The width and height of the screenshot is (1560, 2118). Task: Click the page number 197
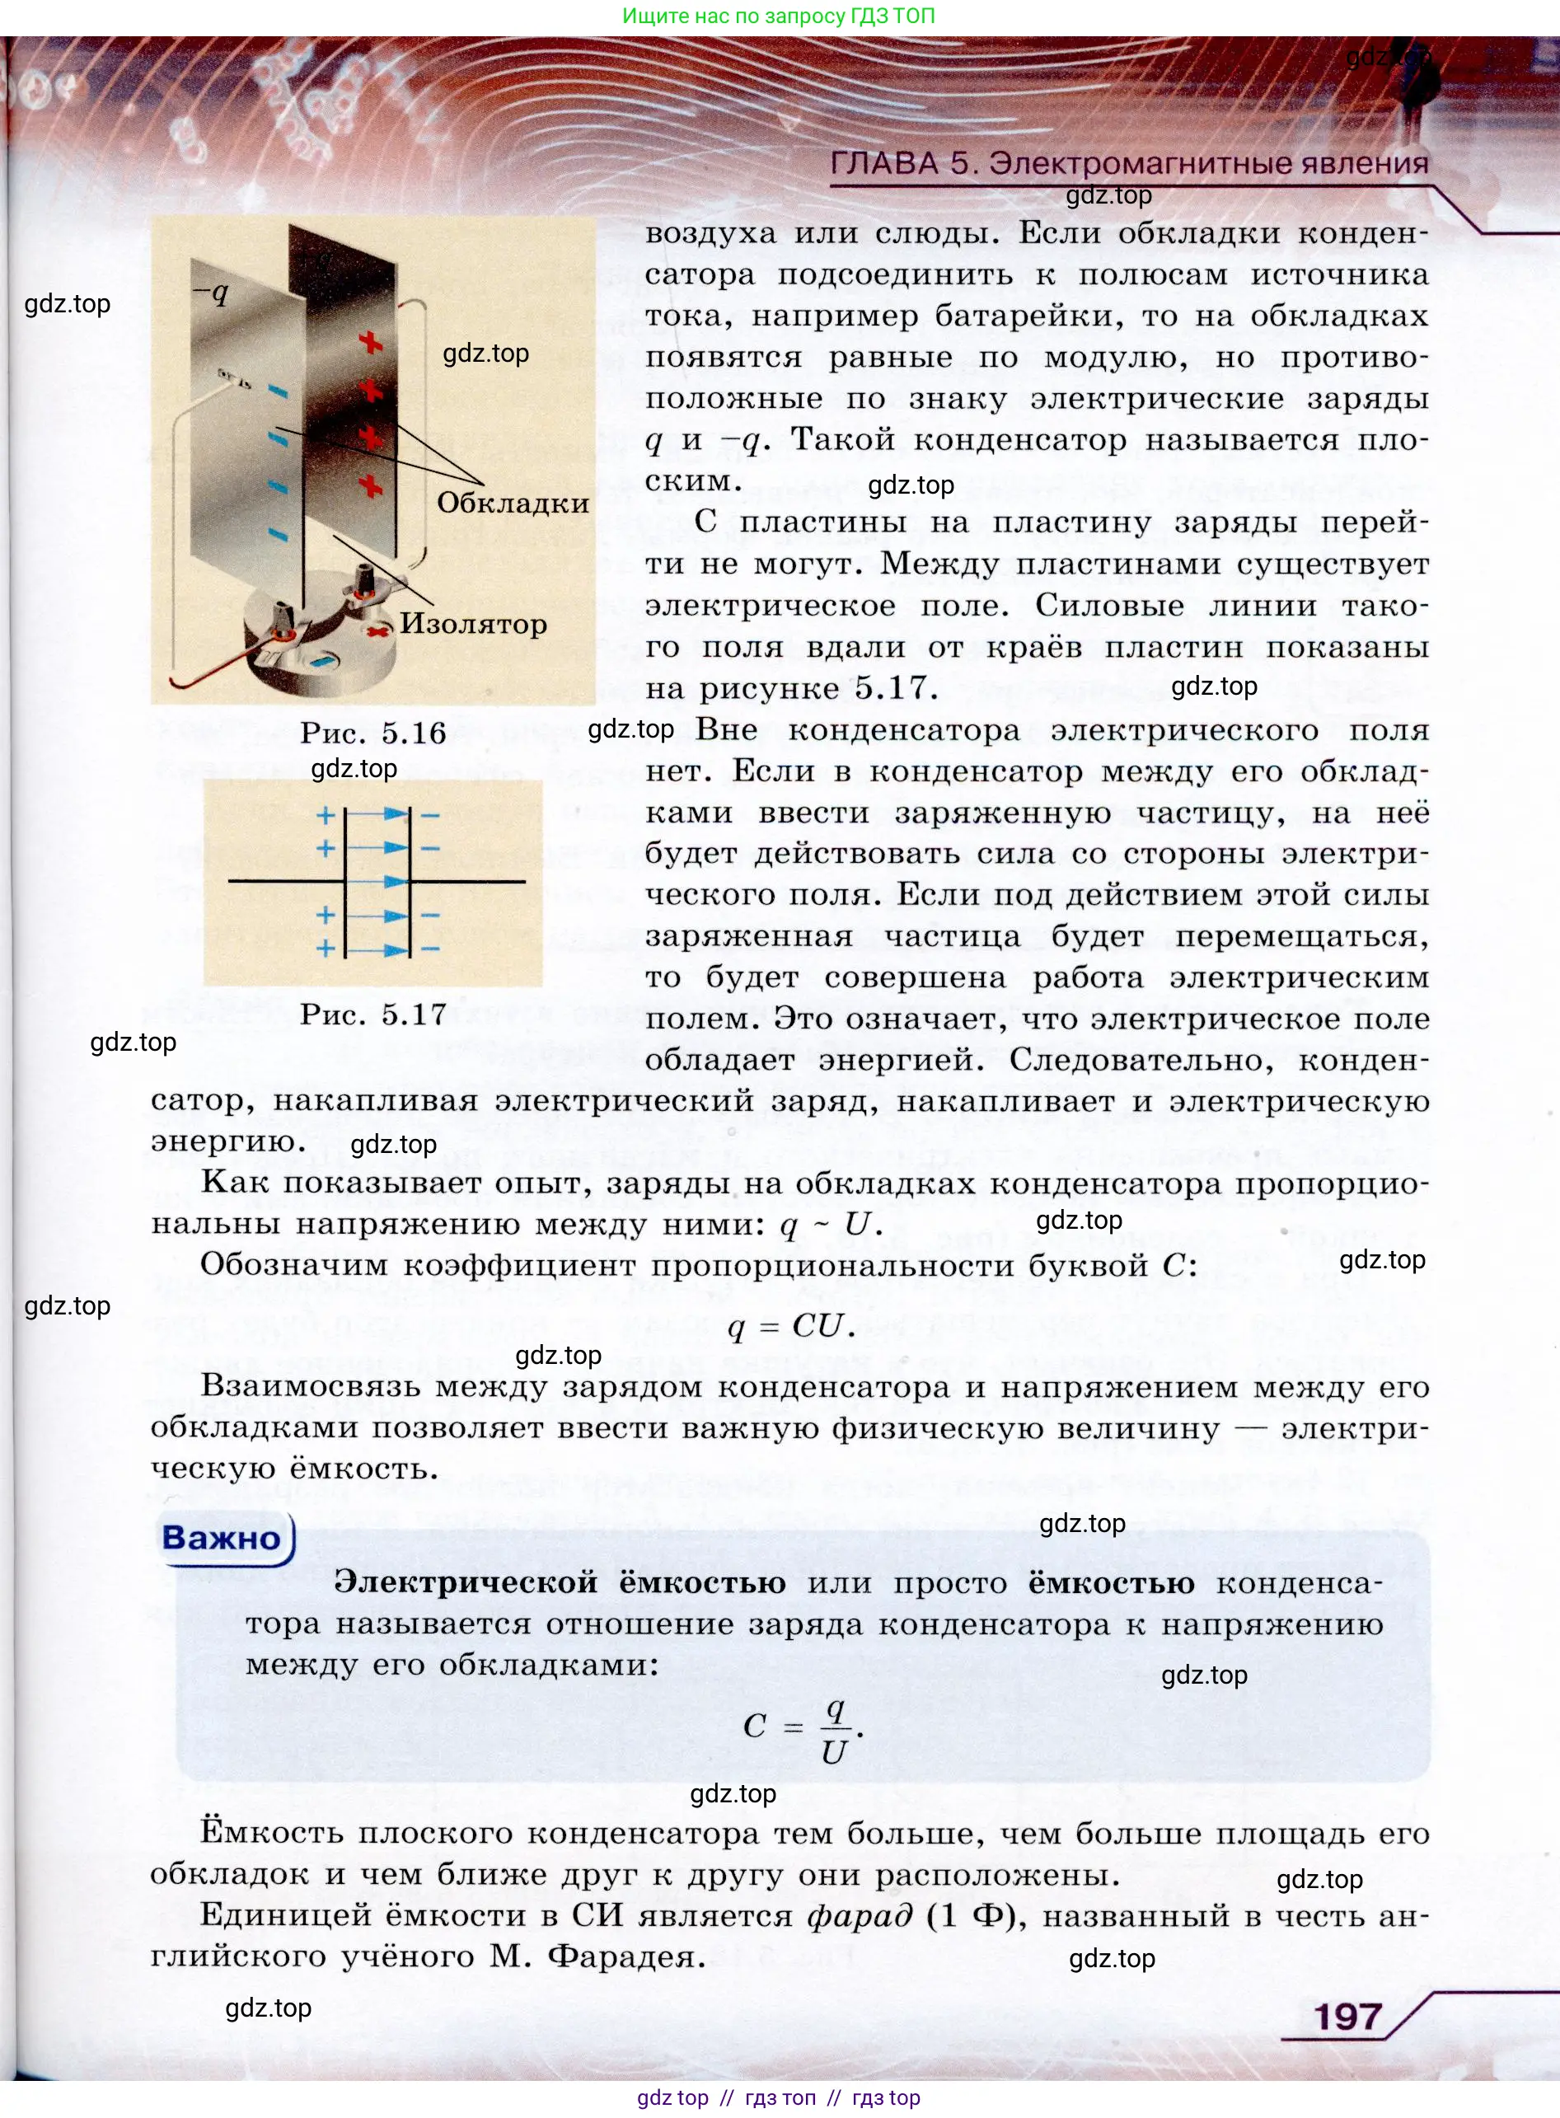pyautogui.click(x=1347, y=2016)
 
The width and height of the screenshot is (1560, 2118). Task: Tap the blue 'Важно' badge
pyautogui.click(x=223, y=1537)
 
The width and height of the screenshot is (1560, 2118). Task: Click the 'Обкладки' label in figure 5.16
pyautogui.click(x=512, y=503)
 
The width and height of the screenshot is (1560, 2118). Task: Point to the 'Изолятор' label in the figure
pyautogui.click(x=472, y=623)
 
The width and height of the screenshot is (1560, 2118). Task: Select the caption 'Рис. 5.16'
pyautogui.click(x=373, y=733)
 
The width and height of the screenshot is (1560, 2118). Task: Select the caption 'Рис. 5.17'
pyautogui.click(x=373, y=1014)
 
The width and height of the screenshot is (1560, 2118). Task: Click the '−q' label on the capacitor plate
pyautogui.click(x=212, y=293)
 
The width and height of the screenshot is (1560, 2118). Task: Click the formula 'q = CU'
pyautogui.click(x=791, y=1326)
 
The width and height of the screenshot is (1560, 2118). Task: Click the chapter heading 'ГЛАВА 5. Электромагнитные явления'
pyautogui.click(x=1128, y=163)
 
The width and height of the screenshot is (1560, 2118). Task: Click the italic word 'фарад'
pyautogui.click(x=860, y=1915)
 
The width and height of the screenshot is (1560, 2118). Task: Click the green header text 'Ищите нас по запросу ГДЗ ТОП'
pyautogui.click(x=779, y=16)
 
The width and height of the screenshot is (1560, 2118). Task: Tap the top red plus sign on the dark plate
pyautogui.click(x=370, y=342)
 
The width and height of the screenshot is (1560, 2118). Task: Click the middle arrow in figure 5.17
pyautogui.click(x=377, y=881)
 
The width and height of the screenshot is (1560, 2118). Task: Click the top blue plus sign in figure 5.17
pyautogui.click(x=326, y=815)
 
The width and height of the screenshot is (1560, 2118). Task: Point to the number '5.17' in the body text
pyautogui.click(x=892, y=687)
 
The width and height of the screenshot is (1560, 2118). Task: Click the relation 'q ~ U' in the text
pyautogui.click(x=830, y=1225)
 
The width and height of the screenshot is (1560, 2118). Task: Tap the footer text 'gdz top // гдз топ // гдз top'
pyautogui.click(x=779, y=2097)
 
